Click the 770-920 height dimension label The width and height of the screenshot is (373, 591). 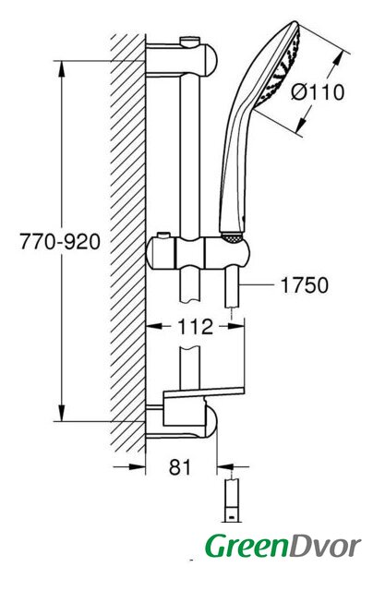pos(60,242)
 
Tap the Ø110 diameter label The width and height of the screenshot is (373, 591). pos(318,92)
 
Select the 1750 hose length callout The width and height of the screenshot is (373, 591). pos(304,285)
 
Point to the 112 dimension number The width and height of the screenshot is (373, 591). pos(195,327)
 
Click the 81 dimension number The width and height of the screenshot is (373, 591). pos(180,467)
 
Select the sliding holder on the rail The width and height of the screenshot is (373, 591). pos(198,252)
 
